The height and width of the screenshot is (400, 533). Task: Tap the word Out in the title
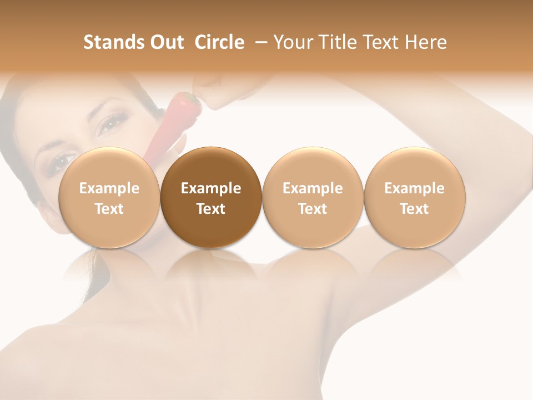(165, 42)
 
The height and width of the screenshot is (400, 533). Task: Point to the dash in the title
(259, 42)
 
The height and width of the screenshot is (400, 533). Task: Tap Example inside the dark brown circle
(211, 188)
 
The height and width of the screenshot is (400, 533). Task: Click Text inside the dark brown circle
(211, 209)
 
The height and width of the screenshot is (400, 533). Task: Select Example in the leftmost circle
(109, 188)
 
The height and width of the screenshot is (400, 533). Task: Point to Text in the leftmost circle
(109, 209)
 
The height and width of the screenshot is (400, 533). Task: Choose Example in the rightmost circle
(414, 188)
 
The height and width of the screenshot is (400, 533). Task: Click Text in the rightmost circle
(414, 209)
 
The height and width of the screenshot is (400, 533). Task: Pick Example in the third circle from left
(313, 188)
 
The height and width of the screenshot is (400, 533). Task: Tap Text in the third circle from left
(313, 209)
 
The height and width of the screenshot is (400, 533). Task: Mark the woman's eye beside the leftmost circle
(63, 161)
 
